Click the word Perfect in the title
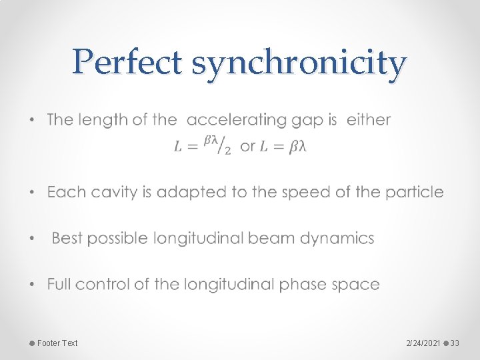(127, 63)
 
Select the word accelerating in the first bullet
(237, 120)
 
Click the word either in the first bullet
(369, 120)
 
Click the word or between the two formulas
(247, 147)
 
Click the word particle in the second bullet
(417, 192)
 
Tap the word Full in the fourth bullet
(59, 284)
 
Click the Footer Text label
(57, 343)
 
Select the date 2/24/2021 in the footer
(423, 343)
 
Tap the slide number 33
(455, 343)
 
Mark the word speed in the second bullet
(305, 193)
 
